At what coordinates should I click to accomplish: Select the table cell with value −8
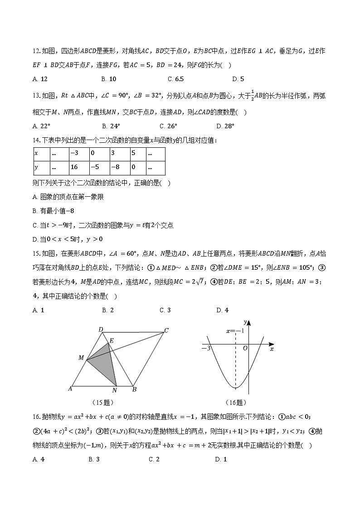click(117, 167)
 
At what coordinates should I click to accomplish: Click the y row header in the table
click(42, 167)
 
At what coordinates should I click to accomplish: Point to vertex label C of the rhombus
click(166, 330)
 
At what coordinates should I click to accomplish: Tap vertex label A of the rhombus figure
click(70, 388)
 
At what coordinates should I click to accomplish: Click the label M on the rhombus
click(81, 358)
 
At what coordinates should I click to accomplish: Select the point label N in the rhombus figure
click(114, 390)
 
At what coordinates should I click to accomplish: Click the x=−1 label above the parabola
click(235, 331)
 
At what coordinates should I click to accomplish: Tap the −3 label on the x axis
click(206, 348)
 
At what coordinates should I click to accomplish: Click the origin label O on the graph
click(245, 348)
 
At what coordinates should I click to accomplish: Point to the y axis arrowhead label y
click(245, 322)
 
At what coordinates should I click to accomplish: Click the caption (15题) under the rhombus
click(102, 402)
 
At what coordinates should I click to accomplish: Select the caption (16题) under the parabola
click(235, 402)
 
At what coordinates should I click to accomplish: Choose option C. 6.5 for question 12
click(175, 79)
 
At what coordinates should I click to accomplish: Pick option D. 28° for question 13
click(225, 126)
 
